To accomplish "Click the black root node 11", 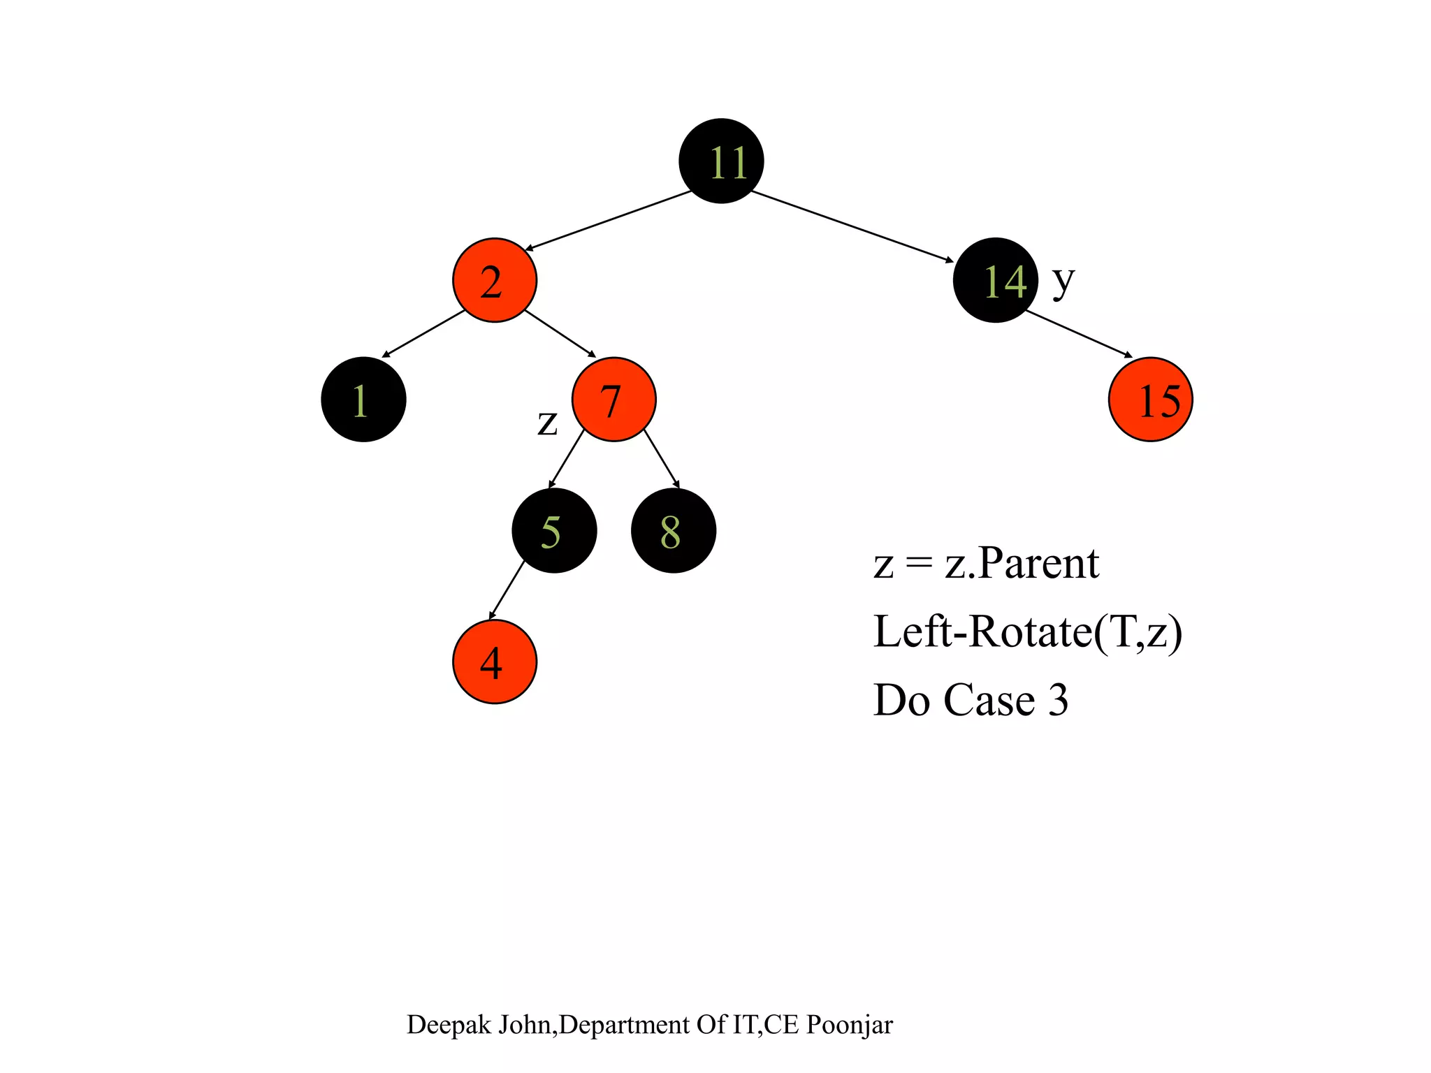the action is point(721,161).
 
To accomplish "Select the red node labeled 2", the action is point(495,280).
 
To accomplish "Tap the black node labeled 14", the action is point(995,280).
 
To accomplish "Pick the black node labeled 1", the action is point(363,400).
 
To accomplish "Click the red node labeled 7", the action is point(613,400).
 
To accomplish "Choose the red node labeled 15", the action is point(1150,400).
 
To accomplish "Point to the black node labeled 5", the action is point(554,531).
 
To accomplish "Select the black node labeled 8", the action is point(674,531).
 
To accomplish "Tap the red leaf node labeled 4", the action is point(495,662).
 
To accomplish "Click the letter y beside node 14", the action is point(1063,281).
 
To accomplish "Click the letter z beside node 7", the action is point(547,423).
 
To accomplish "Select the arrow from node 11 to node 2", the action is point(608,220).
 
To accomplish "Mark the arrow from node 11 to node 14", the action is point(852,226).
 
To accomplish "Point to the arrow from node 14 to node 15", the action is point(1078,333).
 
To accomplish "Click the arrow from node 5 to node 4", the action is point(507,590).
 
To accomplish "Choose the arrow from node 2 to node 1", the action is point(423,333).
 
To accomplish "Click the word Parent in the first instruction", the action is point(1038,563).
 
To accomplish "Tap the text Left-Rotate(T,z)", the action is point(1027,632).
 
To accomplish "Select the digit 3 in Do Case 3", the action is point(1058,700).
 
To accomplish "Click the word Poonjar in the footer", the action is point(849,1025).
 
